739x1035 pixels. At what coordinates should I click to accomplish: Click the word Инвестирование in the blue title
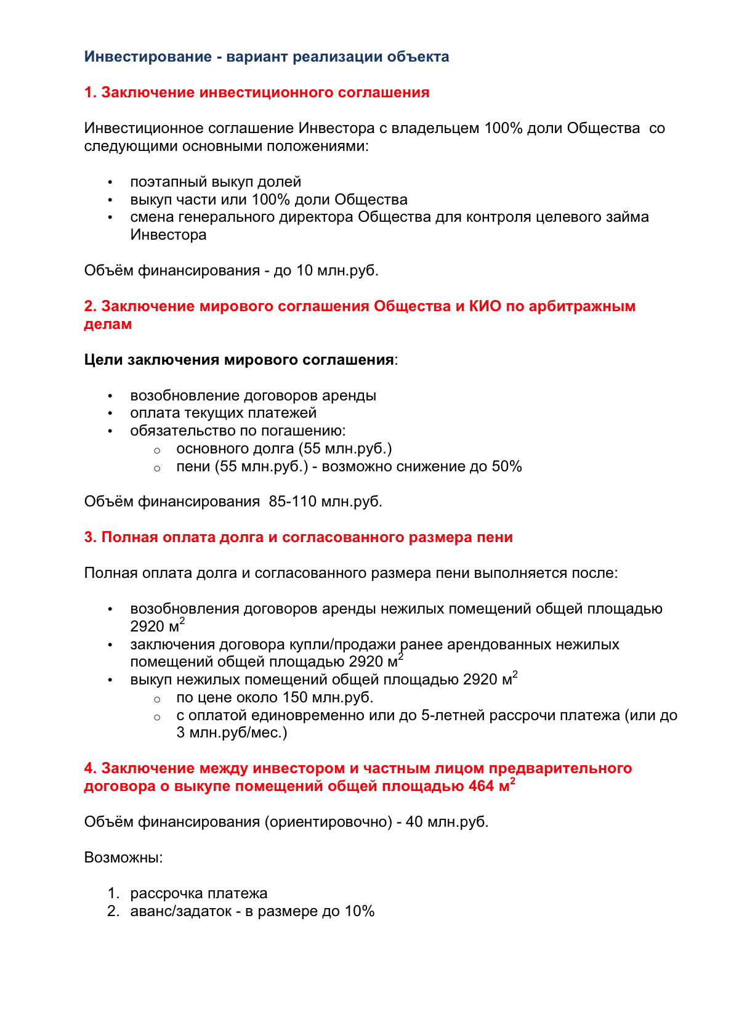148,57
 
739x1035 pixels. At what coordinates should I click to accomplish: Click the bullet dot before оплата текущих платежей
110,413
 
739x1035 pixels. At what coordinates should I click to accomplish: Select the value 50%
506,466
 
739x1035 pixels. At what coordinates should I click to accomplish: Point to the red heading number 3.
91,537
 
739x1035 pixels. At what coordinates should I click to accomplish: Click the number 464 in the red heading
482,786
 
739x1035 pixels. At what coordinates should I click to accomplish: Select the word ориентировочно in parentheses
328,822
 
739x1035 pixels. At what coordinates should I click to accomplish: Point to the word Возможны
121,858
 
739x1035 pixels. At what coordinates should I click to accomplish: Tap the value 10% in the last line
359,911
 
